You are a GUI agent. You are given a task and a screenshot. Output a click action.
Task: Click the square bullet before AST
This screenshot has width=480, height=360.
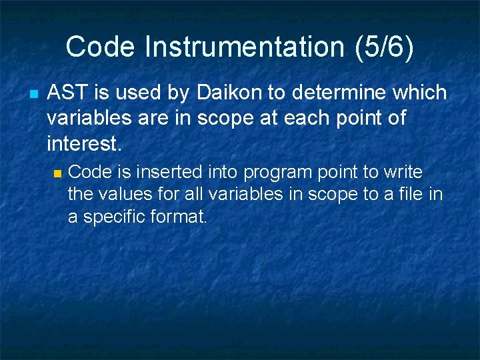[32, 94]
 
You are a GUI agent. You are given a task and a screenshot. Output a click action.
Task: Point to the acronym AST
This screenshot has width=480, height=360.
[67, 93]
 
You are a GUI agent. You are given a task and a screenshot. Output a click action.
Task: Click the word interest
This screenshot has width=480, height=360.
[85, 143]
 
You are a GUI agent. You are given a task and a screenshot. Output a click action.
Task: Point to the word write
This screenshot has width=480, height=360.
[403, 173]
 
